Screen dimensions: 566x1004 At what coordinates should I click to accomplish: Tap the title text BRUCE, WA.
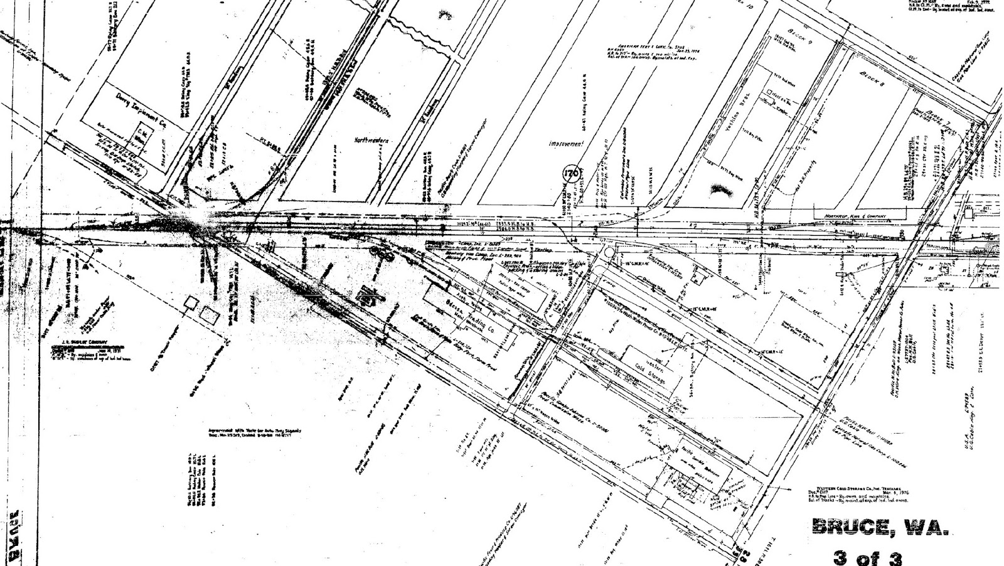click(x=878, y=527)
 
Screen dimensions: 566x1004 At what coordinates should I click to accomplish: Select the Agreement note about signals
click(x=255, y=433)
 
